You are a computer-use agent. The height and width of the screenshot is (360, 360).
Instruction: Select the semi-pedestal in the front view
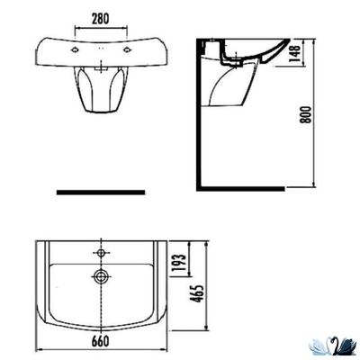pos(100,93)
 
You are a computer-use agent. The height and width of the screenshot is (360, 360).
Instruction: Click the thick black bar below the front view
pos(100,192)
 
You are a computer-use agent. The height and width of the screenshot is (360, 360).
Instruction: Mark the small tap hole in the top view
pos(101,247)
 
